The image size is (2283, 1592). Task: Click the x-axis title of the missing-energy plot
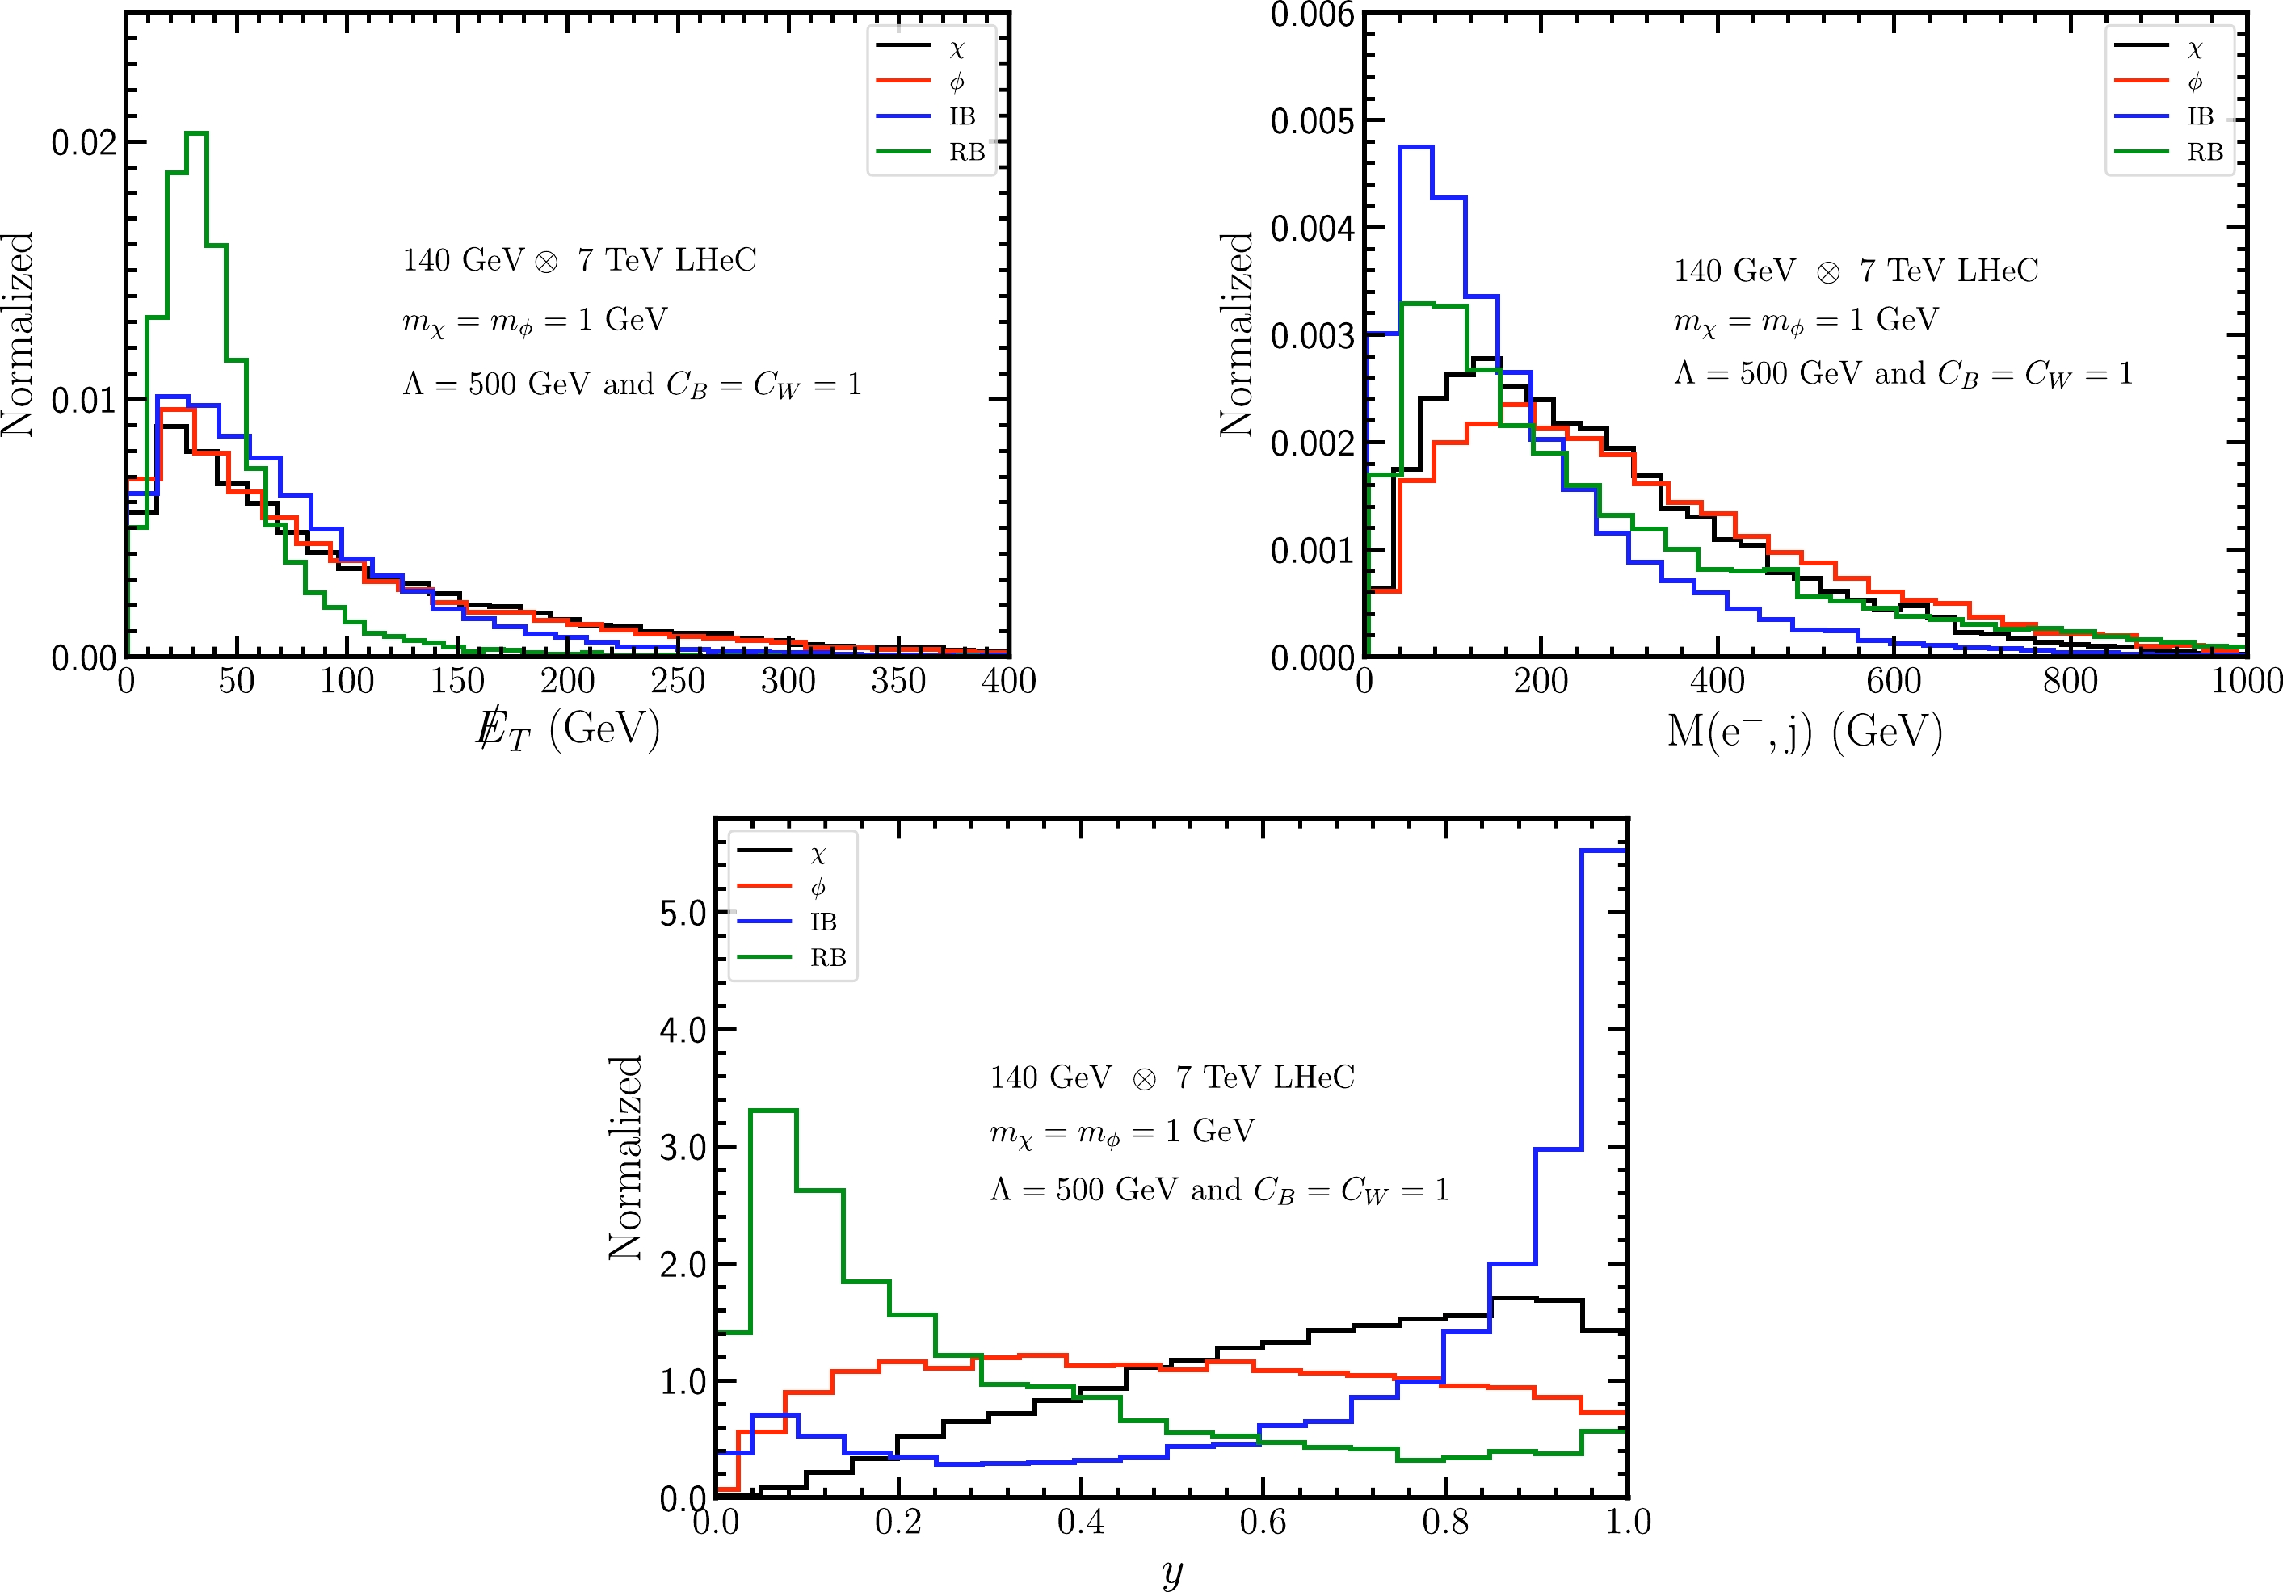[x=568, y=730]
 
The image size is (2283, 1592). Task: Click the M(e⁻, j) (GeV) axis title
[x=1804, y=732]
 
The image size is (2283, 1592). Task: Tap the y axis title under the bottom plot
[x=1172, y=1572]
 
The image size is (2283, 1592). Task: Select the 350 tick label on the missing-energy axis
[x=898, y=681]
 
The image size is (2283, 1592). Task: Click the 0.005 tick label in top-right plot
[x=1313, y=121]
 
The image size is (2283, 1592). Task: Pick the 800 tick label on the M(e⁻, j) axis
[x=2071, y=681]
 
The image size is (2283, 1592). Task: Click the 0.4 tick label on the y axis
[x=1081, y=1523]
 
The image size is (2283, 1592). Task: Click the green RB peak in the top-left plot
[x=197, y=133]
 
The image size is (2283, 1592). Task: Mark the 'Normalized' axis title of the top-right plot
[x=1237, y=334]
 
